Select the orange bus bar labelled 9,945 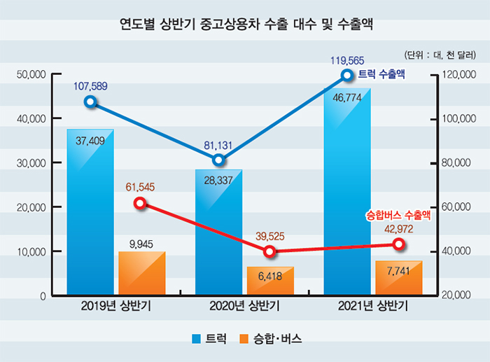tap(142, 273)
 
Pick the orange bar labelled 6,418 tap(270, 281)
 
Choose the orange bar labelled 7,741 tap(399, 278)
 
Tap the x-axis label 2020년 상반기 tap(244, 306)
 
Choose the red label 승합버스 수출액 tap(398, 216)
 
